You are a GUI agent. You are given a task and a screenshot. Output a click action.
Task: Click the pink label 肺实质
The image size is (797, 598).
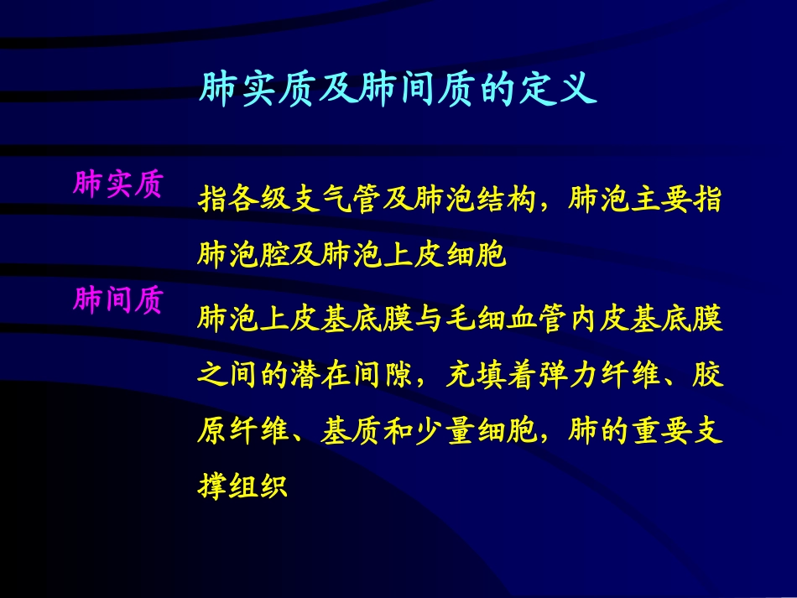coord(118,184)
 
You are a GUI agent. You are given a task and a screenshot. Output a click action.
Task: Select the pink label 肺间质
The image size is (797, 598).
coord(118,299)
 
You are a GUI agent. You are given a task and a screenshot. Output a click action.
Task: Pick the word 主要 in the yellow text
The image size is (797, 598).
coord(660,202)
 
